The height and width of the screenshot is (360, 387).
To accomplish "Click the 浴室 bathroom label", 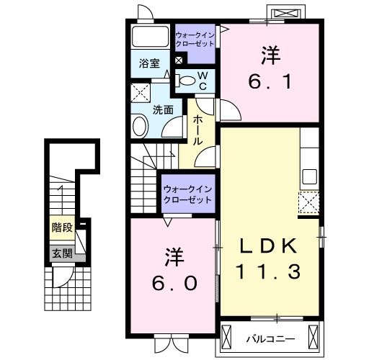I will tap(149, 63).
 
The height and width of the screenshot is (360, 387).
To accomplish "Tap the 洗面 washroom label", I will tap(163, 110).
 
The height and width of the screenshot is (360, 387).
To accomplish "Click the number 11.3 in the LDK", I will tap(268, 273).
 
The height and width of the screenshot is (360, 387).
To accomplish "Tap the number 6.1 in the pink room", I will tap(270, 82).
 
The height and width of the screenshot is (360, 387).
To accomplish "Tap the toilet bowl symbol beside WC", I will tap(185, 81).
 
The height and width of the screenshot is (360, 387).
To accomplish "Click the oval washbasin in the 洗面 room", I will tap(141, 127).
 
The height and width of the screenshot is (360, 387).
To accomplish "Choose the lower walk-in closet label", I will tap(187, 194).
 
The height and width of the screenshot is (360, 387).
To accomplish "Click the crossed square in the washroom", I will tap(140, 93).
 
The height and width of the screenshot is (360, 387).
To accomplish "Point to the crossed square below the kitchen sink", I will tap(308, 204).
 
